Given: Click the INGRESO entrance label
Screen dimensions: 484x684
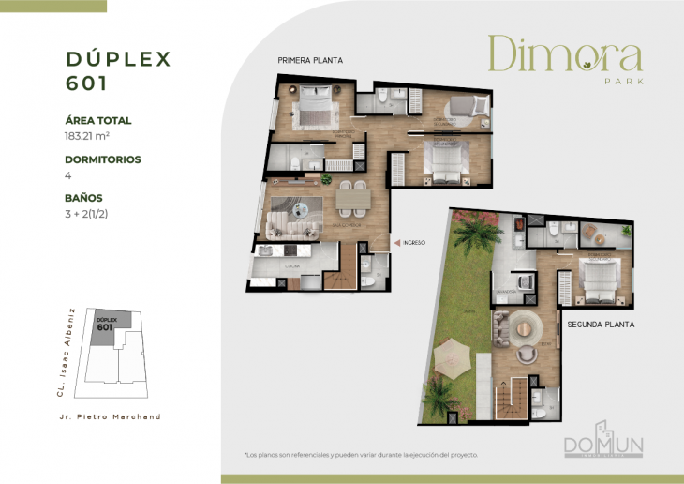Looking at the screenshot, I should click(x=414, y=242).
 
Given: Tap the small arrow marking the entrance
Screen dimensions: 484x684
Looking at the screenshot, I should click(x=397, y=242).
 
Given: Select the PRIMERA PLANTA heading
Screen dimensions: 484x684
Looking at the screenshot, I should click(x=309, y=60).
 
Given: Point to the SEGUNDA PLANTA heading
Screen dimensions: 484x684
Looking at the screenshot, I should click(x=601, y=325).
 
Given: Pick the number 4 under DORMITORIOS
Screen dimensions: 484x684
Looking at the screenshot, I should click(x=67, y=174).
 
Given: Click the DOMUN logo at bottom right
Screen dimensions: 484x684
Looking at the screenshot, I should click(x=603, y=443).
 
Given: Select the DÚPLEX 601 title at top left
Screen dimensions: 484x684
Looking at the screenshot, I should click(x=118, y=69).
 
